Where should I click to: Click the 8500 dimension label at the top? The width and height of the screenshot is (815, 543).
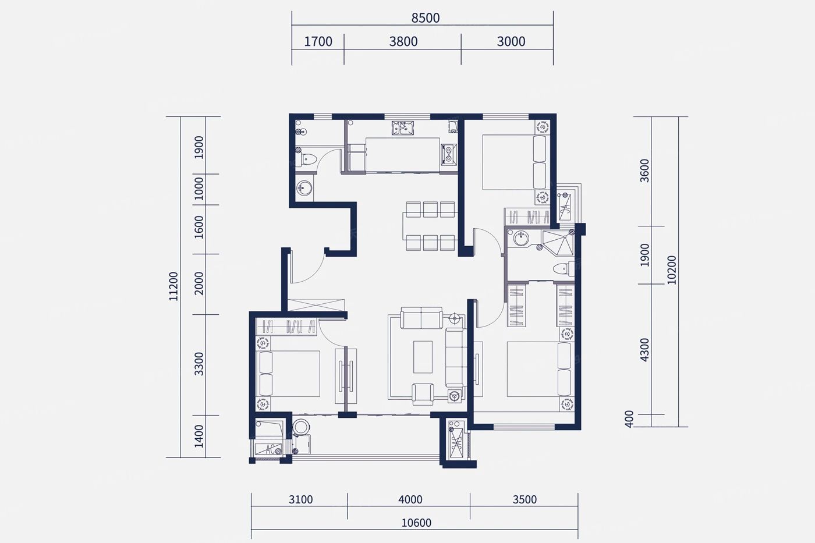pyautogui.click(x=426, y=18)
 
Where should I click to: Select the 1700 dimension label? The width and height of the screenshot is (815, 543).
pyautogui.click(x=318, y=41)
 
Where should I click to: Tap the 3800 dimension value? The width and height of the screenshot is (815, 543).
pyautogui.click(x=403, y=41)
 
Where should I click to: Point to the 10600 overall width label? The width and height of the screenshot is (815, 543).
pyautogui.click(x=416, y=523)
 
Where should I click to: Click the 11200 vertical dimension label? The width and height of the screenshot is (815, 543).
pyautogui.click(x=173, y=286)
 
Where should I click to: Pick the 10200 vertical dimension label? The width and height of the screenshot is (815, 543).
pyautogui.click(x=672, y=270)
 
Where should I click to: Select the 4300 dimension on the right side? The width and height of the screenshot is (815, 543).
pyautogui.click(x=644, y=350)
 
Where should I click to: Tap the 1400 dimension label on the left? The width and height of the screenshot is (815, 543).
pyautogui.click(x=199, y=436)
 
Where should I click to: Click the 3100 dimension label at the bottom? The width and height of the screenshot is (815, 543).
pyautogui.click(x=300, y=499)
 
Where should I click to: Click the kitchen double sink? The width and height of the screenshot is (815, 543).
pyautogui.click(x=402, y=128)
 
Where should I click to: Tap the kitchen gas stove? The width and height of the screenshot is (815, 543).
pyautogui.click(x=449, y=155)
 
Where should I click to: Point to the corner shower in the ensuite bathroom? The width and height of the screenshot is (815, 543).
pyautogui.click(x=558, y=243)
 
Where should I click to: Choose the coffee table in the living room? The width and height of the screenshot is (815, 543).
pyautogui.click(x=423, y=357)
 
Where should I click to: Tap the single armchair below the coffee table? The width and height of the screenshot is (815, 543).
pyautogui.click(x=423, y=394)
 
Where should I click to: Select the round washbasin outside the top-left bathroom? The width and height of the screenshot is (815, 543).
pyautogui.click(x=304, y=188)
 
